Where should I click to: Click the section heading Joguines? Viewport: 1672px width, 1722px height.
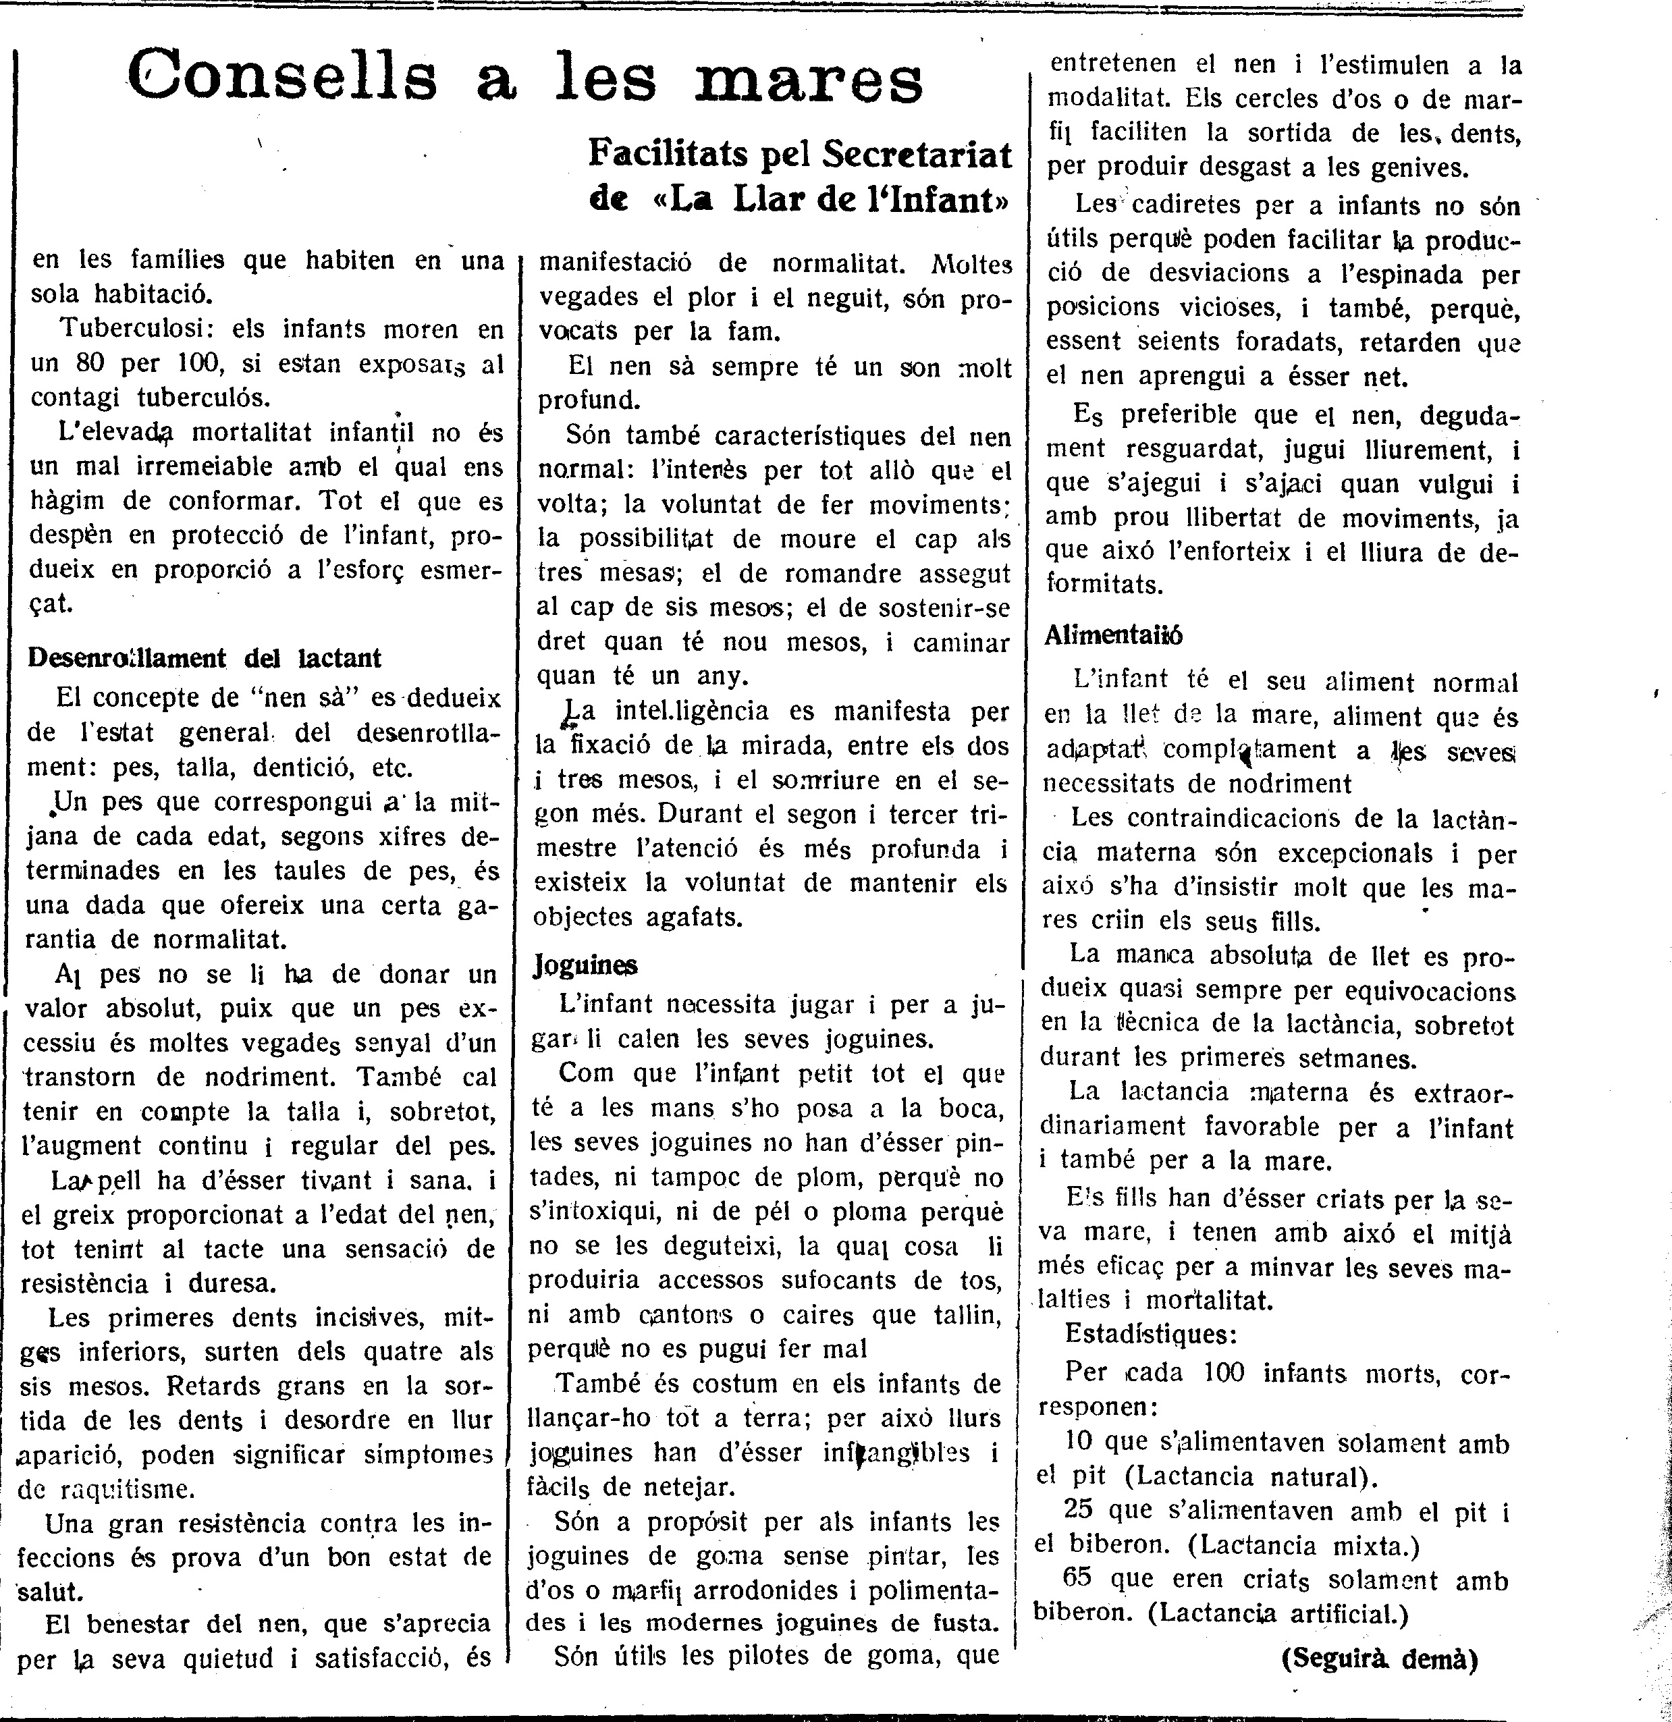tap(585, 965)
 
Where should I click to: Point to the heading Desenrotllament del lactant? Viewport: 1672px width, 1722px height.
tap(205, 658)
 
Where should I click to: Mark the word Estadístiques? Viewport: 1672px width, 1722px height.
tap(1150, 1334)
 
